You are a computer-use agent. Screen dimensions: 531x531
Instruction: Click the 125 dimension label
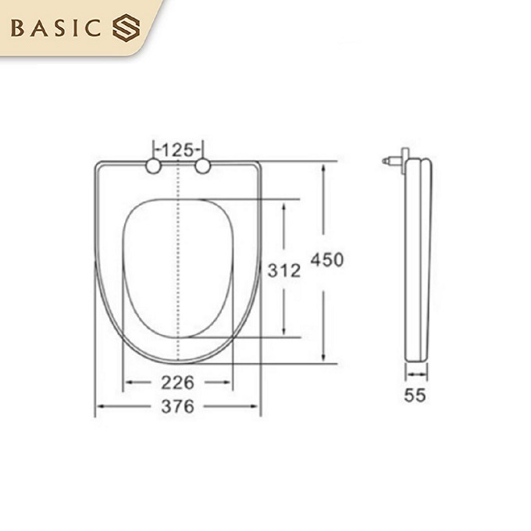click(179, 148)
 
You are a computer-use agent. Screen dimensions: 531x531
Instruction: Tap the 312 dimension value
click(283, 270)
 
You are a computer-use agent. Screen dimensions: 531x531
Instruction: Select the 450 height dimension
click(326, 260)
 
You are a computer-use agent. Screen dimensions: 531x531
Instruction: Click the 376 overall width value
click(178, 406)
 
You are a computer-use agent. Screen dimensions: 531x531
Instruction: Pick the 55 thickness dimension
click(415, 395)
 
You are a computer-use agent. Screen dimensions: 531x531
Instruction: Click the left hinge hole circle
click(154, 166)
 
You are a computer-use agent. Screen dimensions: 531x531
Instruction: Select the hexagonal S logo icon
click(125, 30)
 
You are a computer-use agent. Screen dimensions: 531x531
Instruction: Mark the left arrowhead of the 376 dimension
click(98, 406)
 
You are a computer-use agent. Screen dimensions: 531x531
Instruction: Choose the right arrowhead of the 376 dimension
click(258, 406)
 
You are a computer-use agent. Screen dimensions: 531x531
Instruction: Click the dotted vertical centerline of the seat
click(180, 258)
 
